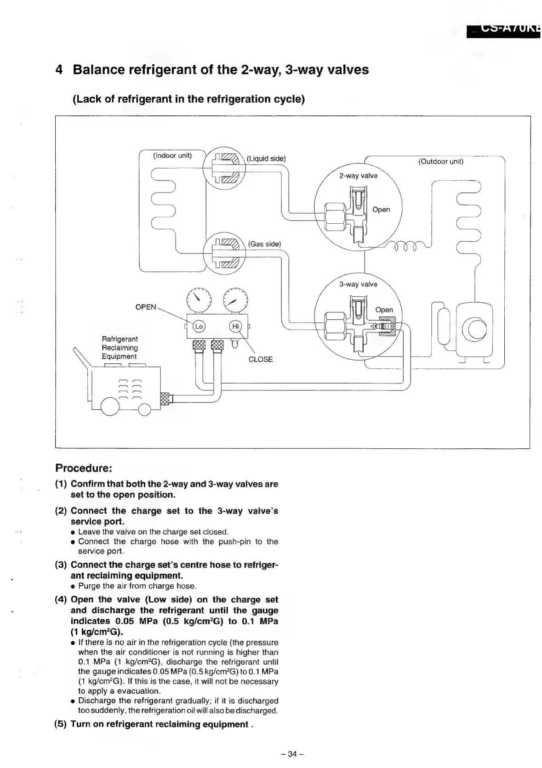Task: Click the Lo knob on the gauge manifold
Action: coord(199,326)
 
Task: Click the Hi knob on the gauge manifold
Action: coord(235,326)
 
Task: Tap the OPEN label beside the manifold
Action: coord(146,307)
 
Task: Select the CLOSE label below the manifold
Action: coord(260,359)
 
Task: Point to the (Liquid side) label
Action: coord(266,159)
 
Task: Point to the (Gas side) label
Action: coord(264,244)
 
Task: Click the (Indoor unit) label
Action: coord(172,156)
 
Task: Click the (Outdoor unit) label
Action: coord(440,162)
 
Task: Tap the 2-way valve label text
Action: coord(358,176)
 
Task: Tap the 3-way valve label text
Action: coord(358,284)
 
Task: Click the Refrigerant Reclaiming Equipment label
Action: coord(120,348)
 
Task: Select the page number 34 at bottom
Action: coord(293,754)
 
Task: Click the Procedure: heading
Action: coord(84,468)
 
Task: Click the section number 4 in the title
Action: coord(59,70)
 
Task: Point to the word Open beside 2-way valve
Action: coord(381,209)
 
